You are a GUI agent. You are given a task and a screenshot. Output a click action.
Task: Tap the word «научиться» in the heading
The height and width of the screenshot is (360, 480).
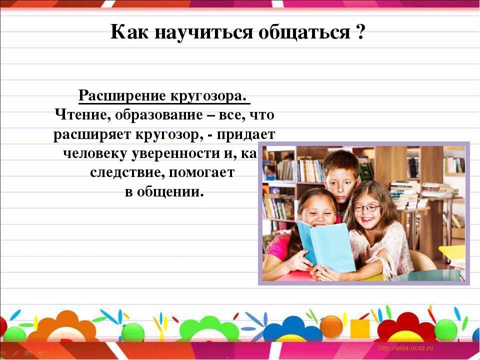click(x=204, y=32)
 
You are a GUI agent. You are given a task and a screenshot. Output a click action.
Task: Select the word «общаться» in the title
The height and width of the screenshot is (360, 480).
click(x=304, y=32)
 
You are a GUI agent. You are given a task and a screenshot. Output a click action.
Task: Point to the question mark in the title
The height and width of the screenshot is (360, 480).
click(x=360, y=31)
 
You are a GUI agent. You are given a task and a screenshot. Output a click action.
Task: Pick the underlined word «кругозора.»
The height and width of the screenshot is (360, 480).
click(x=208, y=96)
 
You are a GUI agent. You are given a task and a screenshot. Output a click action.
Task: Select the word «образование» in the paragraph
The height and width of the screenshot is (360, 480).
click(x=159, y=115)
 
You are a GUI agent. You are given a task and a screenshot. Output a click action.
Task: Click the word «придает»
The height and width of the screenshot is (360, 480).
click(x=246, y=134)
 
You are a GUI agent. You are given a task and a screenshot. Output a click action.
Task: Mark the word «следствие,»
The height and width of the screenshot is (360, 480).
click(x=127, y=173)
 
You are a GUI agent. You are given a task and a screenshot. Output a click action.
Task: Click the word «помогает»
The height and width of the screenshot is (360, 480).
click(x=201, y=173)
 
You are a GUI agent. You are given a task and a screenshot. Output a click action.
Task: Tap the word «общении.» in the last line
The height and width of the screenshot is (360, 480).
click(x=170, y=192)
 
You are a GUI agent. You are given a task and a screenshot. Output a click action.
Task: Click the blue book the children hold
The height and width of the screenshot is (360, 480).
click(x=326, y=246)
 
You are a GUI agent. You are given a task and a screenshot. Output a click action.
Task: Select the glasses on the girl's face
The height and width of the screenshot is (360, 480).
click(x=366, y=208)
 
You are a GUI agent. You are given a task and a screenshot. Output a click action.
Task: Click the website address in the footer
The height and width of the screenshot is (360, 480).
click(x=405, y=348)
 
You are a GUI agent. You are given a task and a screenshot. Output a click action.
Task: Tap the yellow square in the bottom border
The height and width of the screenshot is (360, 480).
click(x=360, y=329)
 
